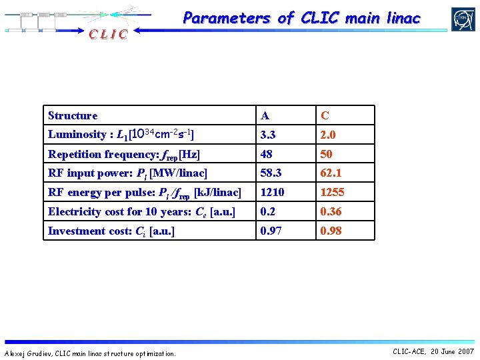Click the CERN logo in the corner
(463, 19)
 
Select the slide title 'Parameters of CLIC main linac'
(301, 19)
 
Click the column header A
(265, 116)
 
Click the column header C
(325, 116)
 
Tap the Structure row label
(73, 116)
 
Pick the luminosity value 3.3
(269, 135)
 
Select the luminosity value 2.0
(328, 135)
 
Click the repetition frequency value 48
(267, 154)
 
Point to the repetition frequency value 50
(327, 154)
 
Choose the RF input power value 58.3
(271, 173)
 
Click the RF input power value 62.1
(331, 173)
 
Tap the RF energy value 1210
(272, 193)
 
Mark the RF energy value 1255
(332, 193)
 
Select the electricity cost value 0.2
(268, 212)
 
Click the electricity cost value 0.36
(331, 212)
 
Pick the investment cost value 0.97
(271, 231)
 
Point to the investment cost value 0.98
(331, 231)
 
